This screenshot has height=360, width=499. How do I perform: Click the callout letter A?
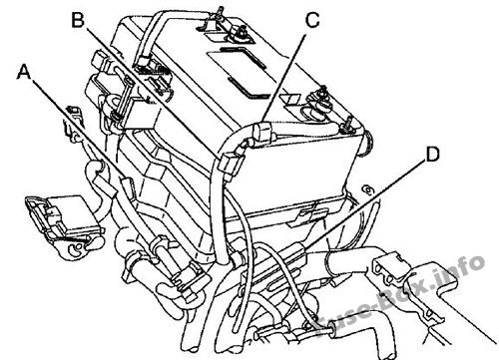[23, 72]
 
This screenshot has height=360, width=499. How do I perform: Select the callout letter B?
[78, 21]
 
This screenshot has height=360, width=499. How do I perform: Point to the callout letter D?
[432, 155]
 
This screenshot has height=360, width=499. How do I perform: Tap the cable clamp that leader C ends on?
[263, 134]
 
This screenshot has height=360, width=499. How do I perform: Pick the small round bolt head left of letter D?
[367, 190]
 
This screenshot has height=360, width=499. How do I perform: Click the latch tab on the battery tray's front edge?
[307, 215]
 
